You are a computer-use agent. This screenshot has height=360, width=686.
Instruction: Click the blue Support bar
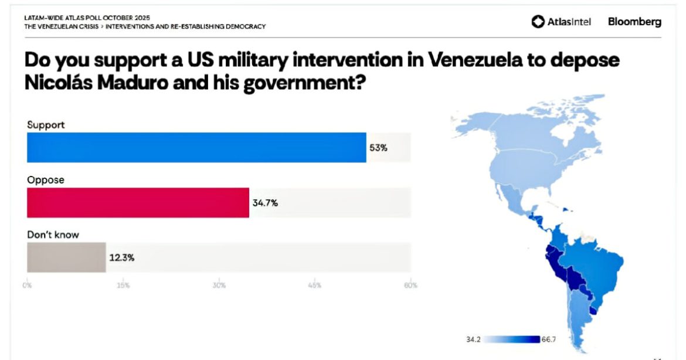[x=196, y=147]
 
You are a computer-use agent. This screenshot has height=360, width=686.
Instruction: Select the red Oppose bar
[x=138, y=203]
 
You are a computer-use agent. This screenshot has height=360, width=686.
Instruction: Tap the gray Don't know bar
[x=66, y=257]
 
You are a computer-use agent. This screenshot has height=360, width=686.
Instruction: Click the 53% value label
[x=378, y=148]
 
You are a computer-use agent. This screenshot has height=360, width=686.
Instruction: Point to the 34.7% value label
[x=265, y=203]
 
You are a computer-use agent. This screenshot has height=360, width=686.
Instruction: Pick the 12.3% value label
[x=121, y=257]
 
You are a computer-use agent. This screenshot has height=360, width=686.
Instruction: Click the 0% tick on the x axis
[x=27, y=286]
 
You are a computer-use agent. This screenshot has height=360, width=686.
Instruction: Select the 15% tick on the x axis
[x=123, y=286]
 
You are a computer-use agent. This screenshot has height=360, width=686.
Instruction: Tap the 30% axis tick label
[x=219, y=286]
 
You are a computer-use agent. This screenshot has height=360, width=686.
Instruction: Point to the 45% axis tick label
[x=315, y=286]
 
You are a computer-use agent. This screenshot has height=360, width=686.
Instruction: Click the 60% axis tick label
[x=410, y=286]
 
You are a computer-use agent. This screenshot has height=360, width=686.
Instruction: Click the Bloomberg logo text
[x=634, y=22]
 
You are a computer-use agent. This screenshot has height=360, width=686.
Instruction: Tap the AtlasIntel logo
[x=561, y=22]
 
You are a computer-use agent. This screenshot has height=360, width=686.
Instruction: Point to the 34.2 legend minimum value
[x=474, y=339]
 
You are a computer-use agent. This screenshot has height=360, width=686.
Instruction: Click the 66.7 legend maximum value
[x=550, y=339]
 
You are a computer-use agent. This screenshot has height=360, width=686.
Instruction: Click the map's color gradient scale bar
[x=511, y=339]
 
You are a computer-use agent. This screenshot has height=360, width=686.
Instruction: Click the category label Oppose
[x=45, y=180]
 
